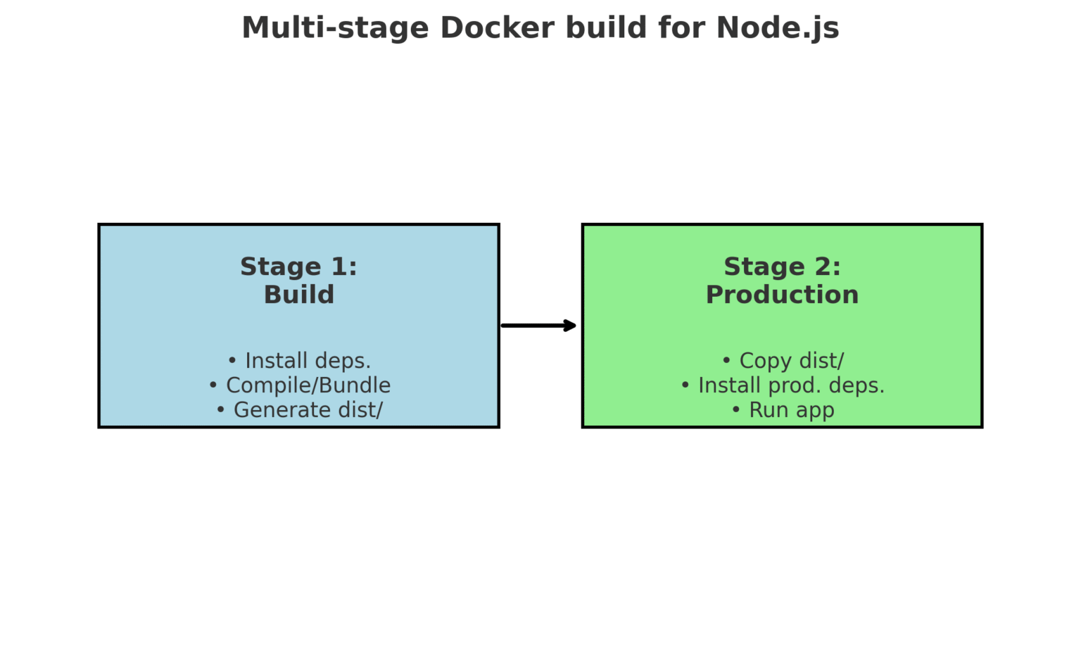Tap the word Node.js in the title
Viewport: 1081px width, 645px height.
[777, 28]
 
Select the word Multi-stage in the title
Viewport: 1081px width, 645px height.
[335, 28]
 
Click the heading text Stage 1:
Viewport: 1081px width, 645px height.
[298, 267]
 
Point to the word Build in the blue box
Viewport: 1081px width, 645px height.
[298, 295]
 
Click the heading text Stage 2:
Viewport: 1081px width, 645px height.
[782, 267]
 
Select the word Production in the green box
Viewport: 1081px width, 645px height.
[782, 295]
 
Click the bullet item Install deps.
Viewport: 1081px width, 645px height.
[307, 361]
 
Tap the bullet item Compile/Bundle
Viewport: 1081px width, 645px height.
[308, 385]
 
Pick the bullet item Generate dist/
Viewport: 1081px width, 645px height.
[308, 410]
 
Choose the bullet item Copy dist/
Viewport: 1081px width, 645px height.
[790, 361]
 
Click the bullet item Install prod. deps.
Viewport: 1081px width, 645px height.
[790, 385]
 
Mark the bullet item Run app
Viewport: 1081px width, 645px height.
[791, 410]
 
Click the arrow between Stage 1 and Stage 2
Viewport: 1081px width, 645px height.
[536, 326]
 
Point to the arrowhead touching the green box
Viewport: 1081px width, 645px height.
[571, 326]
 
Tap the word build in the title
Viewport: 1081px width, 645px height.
[606, 28]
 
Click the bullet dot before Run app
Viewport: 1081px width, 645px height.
[736, 410]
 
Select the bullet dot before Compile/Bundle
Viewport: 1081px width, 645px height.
[213, 385]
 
